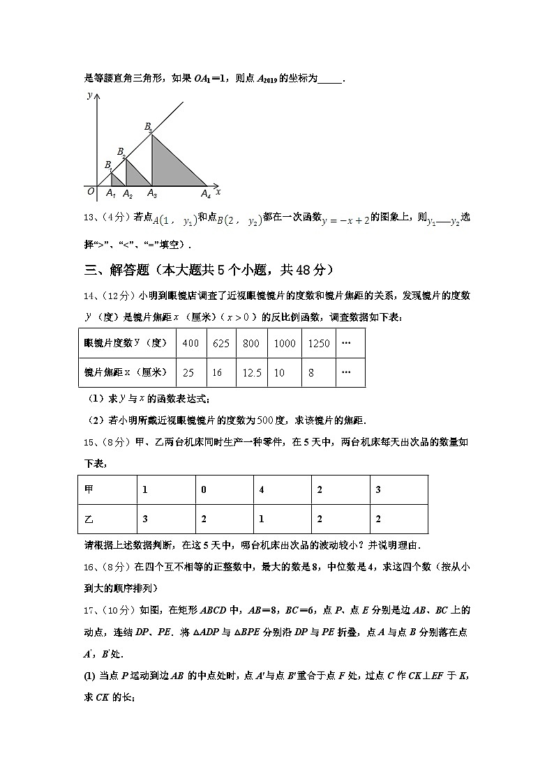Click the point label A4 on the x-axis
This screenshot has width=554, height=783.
pos(206,195)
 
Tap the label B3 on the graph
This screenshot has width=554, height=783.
pos(148,127)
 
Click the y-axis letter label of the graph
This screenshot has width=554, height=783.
pos(89,95)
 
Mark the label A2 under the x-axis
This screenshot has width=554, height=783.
pos(128,195)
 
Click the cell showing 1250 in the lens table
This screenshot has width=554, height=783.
pos(318,343)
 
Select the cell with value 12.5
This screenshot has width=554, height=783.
pos(252,373)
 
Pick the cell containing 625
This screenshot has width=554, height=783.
pos(221,343)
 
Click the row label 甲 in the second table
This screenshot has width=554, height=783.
pos(88,489)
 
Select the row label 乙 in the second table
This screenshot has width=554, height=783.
pos(88,519)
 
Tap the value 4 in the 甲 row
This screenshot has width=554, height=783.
pos(261,489)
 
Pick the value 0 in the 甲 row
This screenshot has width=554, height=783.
pos(203,489)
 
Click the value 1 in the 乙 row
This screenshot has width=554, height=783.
pos(261,519)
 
